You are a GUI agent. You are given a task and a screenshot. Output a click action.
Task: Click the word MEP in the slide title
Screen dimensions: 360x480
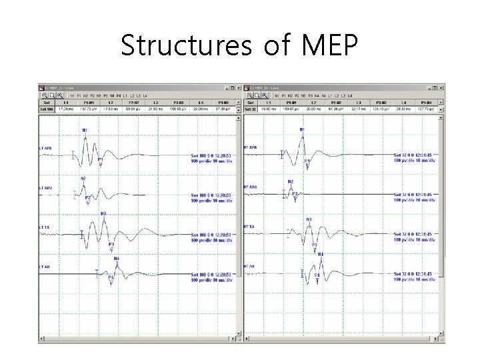[x=329, y=45]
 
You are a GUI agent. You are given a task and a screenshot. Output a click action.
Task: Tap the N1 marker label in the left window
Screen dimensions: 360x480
[x=85, y=129]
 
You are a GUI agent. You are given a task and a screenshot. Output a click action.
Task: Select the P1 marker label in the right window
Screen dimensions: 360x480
[x=307, y=161]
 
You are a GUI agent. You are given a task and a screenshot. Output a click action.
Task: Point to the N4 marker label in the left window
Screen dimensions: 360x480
[x=116, y=258]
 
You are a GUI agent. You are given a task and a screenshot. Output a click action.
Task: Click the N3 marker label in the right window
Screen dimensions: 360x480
[x=309, y=219]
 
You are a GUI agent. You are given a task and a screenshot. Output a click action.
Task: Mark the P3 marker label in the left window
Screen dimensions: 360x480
[x=111, y=245]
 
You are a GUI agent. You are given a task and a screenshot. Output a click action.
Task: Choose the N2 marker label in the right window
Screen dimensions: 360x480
[x=290, y=181]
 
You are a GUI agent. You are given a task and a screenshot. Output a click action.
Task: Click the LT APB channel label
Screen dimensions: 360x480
[x=45, y=148]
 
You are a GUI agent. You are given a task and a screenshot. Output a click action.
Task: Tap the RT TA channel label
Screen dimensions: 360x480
[x=250, y=228]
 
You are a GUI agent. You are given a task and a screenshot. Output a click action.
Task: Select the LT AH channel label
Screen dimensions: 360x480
[x=44, y=267]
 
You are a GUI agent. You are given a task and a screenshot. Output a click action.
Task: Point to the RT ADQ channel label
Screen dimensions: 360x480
[x=251, y=187]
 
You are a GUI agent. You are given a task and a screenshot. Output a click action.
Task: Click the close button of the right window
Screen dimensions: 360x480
[x=439, y=87]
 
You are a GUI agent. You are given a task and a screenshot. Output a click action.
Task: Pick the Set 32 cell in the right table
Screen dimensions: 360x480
[x=251, y=109]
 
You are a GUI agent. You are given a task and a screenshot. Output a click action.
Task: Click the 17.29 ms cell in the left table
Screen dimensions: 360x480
[x=66, y=109]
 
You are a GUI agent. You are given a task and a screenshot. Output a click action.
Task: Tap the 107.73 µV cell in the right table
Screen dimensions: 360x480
[x=427, y=109]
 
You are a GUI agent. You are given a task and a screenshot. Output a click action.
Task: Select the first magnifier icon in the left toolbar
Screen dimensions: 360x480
[x=45, y=95]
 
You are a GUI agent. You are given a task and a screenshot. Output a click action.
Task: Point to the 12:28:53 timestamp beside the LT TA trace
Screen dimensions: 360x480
[x=221, y=235]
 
